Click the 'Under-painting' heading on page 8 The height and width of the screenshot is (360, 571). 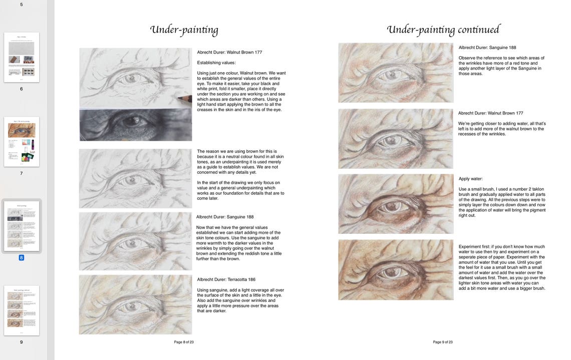coord(184,30)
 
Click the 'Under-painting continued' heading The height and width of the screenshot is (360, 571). coord(443,30)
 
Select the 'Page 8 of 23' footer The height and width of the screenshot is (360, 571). coord(184,342)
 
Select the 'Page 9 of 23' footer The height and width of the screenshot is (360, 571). coord(443,342)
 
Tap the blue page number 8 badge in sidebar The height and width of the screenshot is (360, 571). coord(22,258)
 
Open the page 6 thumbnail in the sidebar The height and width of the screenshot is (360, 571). coord(22,57)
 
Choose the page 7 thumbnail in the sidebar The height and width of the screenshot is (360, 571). coord(22,142)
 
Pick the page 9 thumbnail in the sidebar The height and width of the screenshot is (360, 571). coord(22,310)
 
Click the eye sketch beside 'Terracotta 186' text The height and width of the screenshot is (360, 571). coord(135,304)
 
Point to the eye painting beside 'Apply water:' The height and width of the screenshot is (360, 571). coord(396,204)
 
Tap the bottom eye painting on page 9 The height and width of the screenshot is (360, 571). coord(396,270)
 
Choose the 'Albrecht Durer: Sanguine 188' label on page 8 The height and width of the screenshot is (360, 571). coord(225,217)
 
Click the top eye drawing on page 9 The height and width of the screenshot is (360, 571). coord(396,73)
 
